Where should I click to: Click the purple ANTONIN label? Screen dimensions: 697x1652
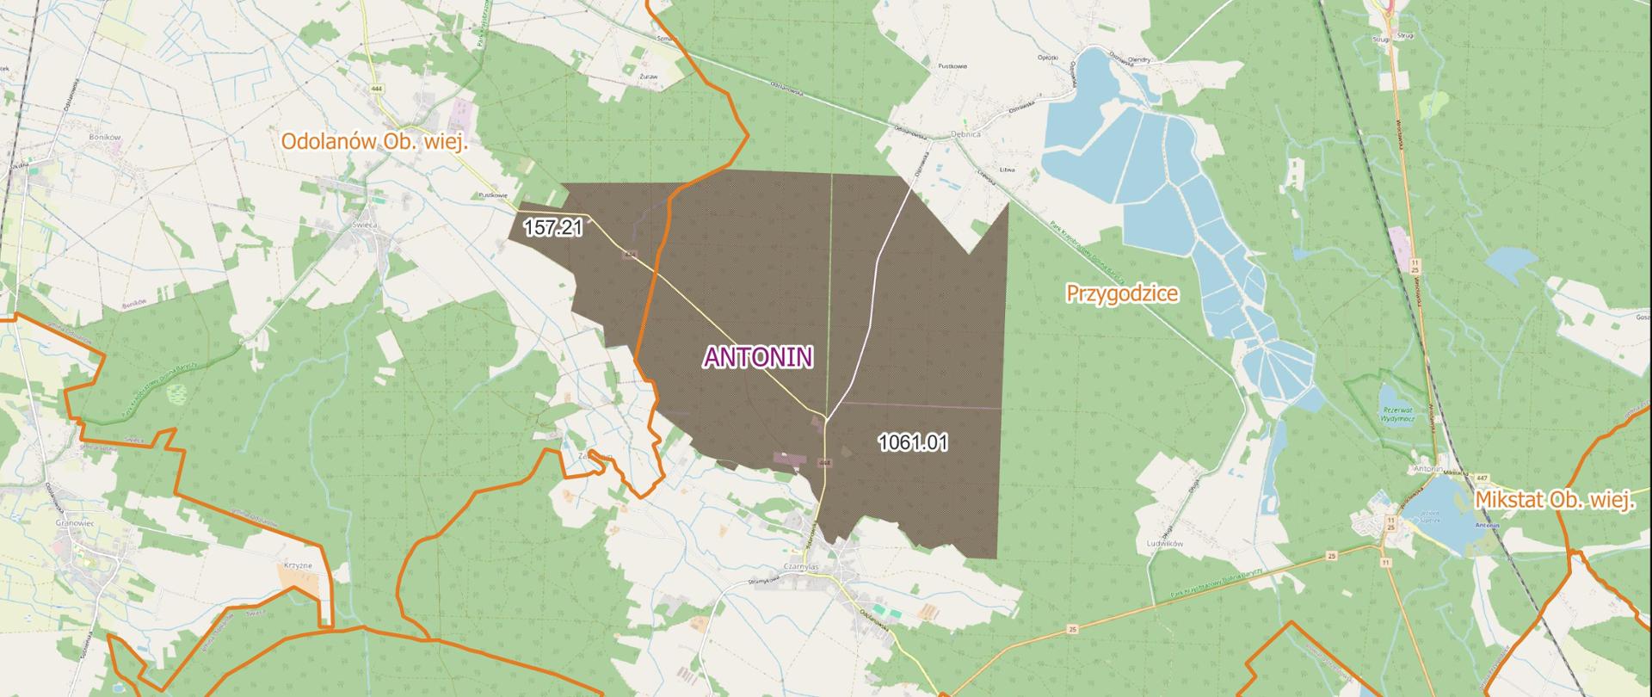(758, 357)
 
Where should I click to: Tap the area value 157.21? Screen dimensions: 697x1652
(553, 228)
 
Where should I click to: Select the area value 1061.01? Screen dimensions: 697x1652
(913, 443)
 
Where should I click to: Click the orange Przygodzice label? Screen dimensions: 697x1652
(1122, 293)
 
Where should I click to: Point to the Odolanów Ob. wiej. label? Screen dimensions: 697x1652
(375, 142)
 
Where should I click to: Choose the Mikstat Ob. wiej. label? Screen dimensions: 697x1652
(1554, 500)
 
